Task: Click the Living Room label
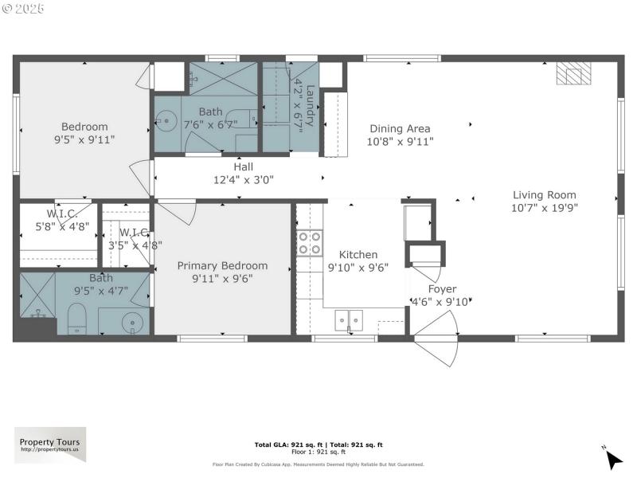tap(544, 194)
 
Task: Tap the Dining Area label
tap(399, 128)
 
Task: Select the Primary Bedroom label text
tap(222, 265)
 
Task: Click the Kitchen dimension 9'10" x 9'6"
tap(358, 268)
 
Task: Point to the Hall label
tap(243, 167)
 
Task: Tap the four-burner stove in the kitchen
tap(310, 242)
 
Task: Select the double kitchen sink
tap(349, 319)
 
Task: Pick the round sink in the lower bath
tap(134, 323)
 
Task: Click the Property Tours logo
tap(50, 445)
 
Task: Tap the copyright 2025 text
tap(23, 8)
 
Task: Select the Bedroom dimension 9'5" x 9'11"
tap(84, 139)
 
